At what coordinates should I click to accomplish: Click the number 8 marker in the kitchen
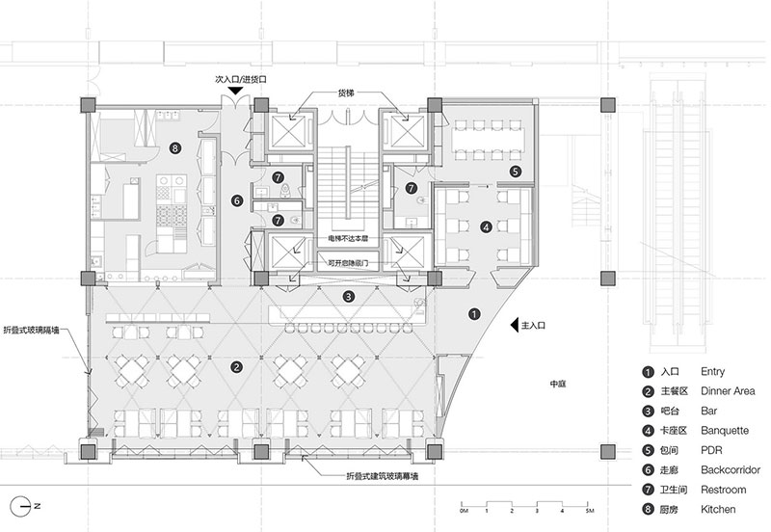(x=174, y=147)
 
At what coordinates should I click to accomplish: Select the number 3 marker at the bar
(x=350, y=297)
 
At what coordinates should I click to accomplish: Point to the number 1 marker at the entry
(x=474, y=313)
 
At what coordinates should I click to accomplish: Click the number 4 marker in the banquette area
(x=487, y=227)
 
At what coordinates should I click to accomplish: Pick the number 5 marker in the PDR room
(x=516, y=172)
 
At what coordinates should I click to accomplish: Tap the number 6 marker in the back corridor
(x=236, y=200)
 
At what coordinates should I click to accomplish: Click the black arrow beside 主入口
(x=514, y=326)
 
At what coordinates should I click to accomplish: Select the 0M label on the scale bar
(x=464, y=509)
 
